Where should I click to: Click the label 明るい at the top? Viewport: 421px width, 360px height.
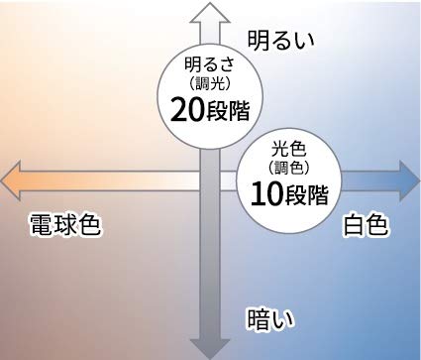pyautogui.click(x=279, y=40)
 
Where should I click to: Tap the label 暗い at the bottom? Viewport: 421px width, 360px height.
pyautogui.click(x=272, y=318)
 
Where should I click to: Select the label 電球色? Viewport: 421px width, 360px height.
pyautogui.click(x=65, y=223)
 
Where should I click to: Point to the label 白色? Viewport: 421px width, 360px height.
pyautogui.click(x=366, y=224)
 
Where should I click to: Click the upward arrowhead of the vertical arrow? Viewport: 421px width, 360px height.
pyautogui.click(x=209, y=12)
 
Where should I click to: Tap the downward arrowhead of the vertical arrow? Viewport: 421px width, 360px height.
pyautogui.click(x=209, y=347)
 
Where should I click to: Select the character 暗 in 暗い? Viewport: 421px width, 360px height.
pyautogui.click(x=261, y=318)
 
